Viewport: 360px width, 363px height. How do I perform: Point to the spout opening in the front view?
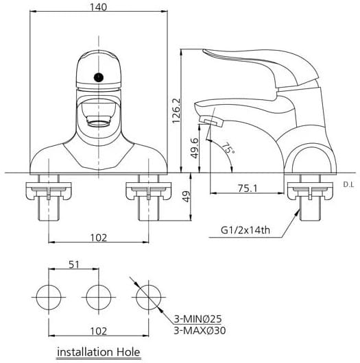[x=98, y=124]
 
